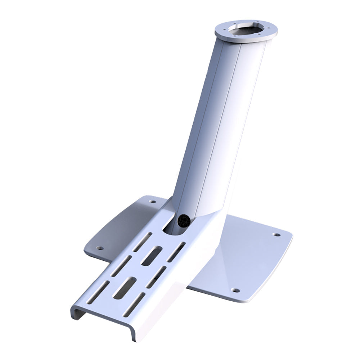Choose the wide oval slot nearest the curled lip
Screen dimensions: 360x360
click(124, 287)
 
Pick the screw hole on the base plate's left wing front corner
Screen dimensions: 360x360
click(100, 248)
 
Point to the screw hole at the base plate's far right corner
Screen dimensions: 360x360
click(276, 235)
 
